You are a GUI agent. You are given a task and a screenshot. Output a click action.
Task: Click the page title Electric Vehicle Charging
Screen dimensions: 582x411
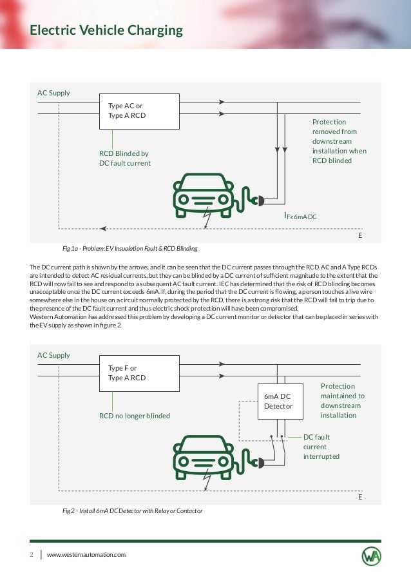click(106, 30)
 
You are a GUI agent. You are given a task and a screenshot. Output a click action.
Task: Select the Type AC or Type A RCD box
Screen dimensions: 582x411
click(139, 111)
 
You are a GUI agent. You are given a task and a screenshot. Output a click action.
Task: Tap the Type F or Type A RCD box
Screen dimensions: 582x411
click(139, 373)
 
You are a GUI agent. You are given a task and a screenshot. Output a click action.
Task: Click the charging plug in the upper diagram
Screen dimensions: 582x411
click(257, 200)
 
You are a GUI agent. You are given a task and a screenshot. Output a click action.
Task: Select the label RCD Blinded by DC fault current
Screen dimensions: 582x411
click(124, 159)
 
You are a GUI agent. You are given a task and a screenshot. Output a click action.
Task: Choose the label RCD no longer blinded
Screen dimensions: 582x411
click(134, 416)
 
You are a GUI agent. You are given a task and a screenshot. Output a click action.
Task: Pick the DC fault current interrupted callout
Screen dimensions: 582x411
click(321, 447)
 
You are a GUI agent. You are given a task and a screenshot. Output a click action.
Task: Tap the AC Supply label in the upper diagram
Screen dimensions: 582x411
click(53, 93)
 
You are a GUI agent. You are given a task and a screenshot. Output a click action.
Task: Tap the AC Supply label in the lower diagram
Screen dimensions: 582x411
click(53, 355)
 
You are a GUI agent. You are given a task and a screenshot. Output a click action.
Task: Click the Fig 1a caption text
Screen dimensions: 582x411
click(129, 248)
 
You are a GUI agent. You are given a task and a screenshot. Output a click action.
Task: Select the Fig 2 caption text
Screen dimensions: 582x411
click(132, 510)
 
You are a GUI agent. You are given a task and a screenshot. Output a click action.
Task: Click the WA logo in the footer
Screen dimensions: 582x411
click(371, 555)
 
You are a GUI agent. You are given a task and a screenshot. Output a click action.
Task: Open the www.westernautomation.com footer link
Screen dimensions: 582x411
click(86, 554)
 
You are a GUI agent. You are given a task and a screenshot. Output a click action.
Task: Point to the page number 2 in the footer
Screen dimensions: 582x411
click(31, 554)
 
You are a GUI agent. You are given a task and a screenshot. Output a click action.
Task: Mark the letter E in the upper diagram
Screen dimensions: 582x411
click(360, 236)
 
